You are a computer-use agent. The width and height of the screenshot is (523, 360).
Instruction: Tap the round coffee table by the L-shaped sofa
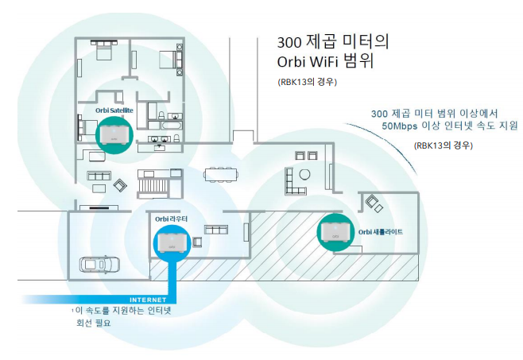pos(304,173)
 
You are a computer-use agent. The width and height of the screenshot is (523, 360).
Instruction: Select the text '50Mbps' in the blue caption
pos(399,126)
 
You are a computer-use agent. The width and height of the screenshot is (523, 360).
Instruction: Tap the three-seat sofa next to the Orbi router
pos(216,229)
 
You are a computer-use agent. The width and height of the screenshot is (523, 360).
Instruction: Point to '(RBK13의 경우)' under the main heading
pos(308,82)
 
